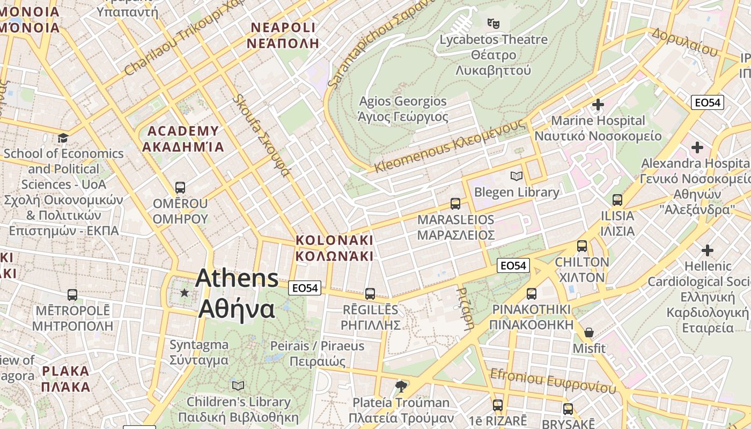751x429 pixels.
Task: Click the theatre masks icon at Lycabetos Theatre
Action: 493,23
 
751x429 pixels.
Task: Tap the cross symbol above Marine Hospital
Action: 598,104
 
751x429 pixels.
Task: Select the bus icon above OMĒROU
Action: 180,188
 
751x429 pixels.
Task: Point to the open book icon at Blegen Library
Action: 517,176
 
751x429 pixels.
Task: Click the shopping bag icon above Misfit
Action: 589,332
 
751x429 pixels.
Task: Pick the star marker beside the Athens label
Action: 185,292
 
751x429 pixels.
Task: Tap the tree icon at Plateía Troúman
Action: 401,386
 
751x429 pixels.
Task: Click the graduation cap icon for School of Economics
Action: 63,138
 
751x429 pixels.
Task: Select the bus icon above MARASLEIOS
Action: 455,204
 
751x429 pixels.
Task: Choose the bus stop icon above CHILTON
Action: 582,246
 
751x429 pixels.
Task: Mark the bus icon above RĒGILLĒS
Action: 370,294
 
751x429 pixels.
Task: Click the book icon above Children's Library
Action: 238,386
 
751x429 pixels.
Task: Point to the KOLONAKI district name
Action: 335,247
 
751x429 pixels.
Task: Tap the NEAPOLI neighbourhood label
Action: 283,35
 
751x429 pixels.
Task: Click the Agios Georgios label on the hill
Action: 403,109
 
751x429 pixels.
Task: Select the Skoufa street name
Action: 262,136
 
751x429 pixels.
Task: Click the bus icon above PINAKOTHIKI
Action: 532,293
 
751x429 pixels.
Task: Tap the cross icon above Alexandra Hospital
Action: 697,147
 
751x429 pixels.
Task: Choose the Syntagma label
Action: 199,352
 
